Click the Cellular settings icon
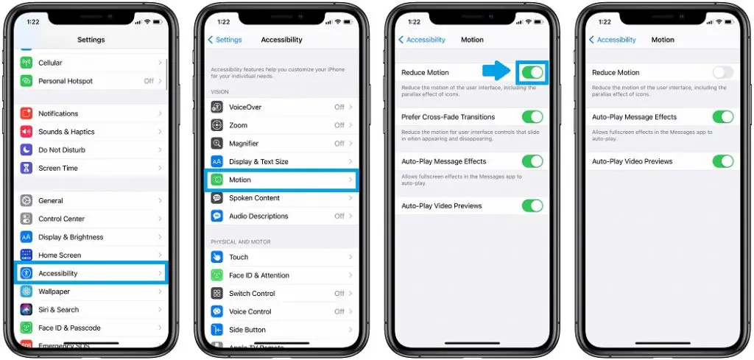point(27,63)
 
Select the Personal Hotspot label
point(66,81)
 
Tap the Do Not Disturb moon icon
point(27,150)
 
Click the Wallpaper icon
point(27,292)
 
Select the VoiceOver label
point(245,107)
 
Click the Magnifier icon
point(217,144)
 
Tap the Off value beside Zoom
point(339,126)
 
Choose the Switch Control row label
point(252,294)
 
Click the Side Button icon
point(217,330)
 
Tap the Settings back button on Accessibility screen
point(225,40)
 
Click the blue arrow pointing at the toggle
point(497,71)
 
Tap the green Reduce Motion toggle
point(532,72)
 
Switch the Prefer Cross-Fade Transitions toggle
point(532,117)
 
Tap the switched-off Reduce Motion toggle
point(723,72)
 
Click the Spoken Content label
point(254,198)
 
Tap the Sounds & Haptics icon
point(27,132)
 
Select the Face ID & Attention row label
point(259,275)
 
